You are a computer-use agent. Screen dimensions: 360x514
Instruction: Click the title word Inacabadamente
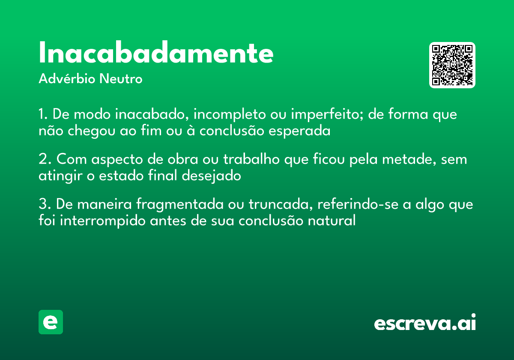pyautogui.click(x=156, y=53)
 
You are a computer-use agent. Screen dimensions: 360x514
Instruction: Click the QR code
pyautogui.click(x=452, y=65)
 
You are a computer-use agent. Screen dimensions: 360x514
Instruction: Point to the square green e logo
pyautogui.click(x=51, y=322)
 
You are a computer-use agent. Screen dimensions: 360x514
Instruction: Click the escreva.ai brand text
pyautogui.click(x=425, y=323)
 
